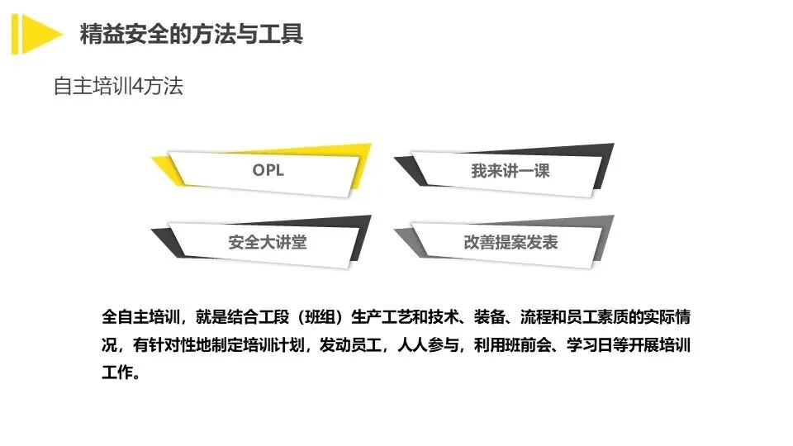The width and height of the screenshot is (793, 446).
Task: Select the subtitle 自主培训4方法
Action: pyautogui.click(x=117, y=87)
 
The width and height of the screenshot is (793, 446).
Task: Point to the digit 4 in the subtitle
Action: pyautogui.click(x=137, y=87)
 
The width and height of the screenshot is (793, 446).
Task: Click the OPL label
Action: pyautogui.click(x=268, y=171)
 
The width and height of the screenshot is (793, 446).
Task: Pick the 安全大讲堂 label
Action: pyautogui.click(x=261, y=243)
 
